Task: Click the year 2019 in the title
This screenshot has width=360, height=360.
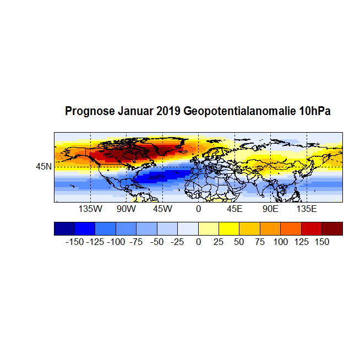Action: pos(168,111)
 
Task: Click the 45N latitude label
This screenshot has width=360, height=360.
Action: pos(44,166)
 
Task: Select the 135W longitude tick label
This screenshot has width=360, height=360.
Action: pos(90,209)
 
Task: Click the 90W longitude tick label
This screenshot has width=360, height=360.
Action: pos(126,209)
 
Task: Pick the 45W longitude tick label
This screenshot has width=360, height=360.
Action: pos(162,209)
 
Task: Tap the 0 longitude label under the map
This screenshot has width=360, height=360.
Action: pos(198,209)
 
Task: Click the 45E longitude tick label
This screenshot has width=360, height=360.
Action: pos(234,209)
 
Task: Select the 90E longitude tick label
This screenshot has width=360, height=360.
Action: pos(270,209)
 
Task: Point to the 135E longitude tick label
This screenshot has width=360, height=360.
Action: pos(307,209)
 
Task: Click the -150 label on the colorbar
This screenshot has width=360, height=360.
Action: pos(74,242)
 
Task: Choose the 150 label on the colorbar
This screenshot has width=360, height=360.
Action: pos(321,242)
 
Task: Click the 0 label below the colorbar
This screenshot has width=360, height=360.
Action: pos(198,242)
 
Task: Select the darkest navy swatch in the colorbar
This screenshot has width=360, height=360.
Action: pos(64,228)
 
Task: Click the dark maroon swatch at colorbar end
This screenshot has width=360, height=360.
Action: pos(332,228)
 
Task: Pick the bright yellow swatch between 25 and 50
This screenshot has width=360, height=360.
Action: pos(229,228)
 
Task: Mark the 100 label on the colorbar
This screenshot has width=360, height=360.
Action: pos(280,242)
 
